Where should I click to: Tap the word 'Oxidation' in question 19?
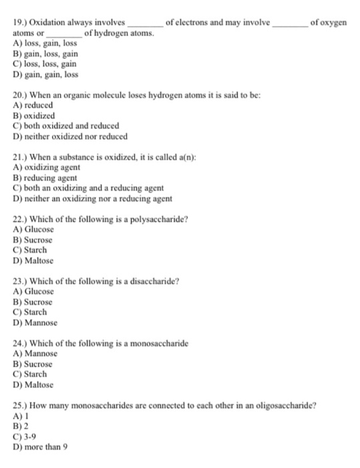pyautogui.click(x=50, y=23)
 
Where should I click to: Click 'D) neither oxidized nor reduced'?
pyautogui.click(x=70, y=136)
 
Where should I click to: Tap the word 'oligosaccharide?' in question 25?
pyautogui.click(x=286, y=404)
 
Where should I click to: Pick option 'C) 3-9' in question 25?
pyautogui.click(x=25, y=436)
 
